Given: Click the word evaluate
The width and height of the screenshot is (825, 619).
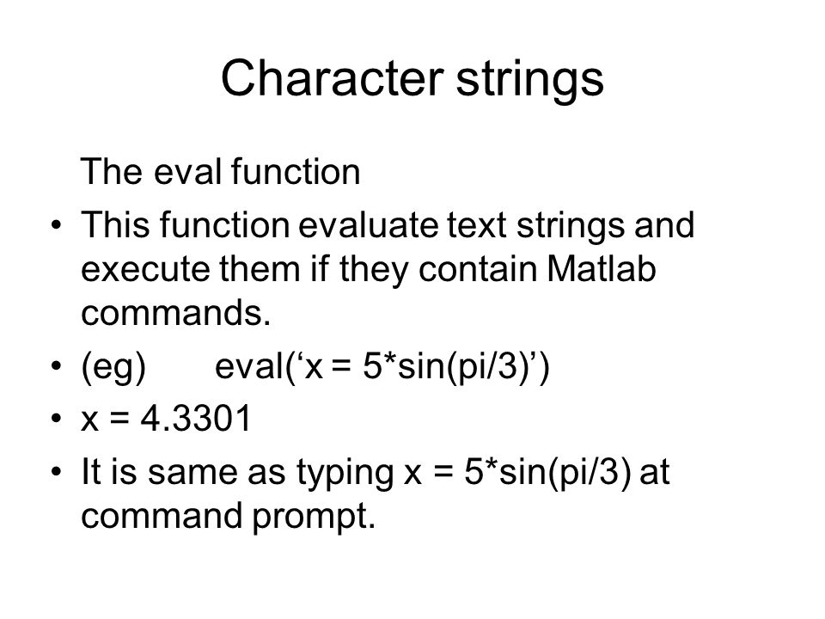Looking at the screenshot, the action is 369,224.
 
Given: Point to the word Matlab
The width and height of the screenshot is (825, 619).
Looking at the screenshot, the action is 602,268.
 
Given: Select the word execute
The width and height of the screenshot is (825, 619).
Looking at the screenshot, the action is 145,269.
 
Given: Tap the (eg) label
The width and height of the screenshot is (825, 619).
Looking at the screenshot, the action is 113,367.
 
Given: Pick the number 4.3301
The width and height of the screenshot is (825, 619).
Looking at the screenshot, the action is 196,419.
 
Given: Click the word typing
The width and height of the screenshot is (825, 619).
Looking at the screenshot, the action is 345,472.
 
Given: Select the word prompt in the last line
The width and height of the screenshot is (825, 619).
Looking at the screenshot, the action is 314,517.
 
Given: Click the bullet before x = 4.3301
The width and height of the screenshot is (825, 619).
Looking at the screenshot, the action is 57,419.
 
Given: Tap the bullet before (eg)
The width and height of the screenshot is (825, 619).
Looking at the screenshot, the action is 57,365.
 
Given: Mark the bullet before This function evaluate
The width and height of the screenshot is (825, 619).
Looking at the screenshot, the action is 57,225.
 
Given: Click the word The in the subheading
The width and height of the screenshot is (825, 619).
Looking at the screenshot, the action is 112,171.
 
